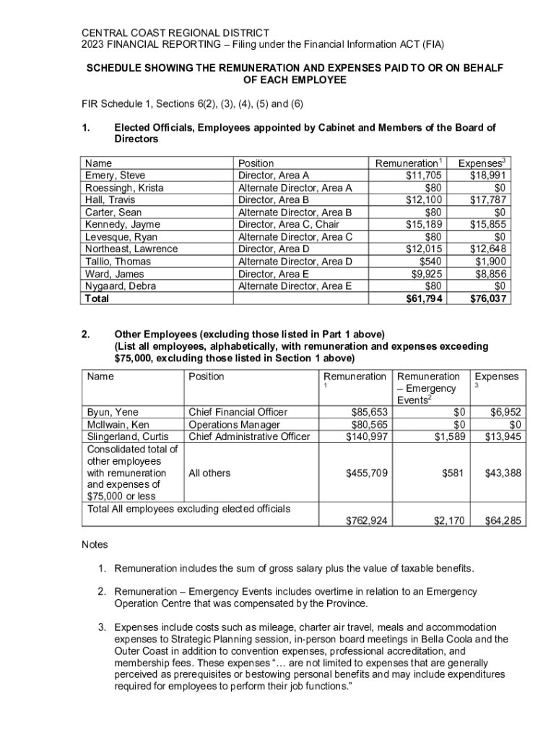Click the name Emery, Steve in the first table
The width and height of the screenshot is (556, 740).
pyautogui.click(x=115, y=176)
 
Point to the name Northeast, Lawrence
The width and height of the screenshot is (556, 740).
pyautogui.click(x=131, y=249)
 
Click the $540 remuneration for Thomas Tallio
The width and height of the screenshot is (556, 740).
pyautogui.click(x=431, y=262)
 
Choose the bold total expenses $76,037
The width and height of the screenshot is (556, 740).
pyautogui.click(x=487, y=298)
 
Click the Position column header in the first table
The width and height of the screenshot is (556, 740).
pyautogui.click(x=256, y=163)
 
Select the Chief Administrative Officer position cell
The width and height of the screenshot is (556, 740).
pyautogui.click(x=248, y=436)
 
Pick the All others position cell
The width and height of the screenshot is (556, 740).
pyautogui.click(x=209, y=473)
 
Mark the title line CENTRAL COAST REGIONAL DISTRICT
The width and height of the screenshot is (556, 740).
pyautogui.click(x=175, y=33)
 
